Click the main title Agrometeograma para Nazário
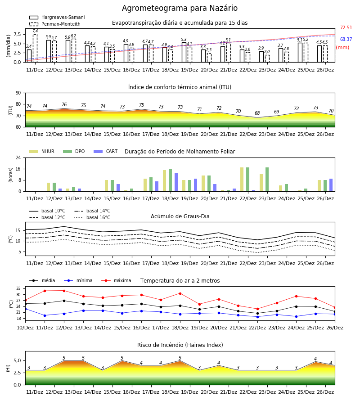click(x=180, y=8)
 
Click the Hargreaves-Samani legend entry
click(x=57, y=17)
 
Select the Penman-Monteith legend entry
click(x=55, y=24)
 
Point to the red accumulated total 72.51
click(x=346, y=27)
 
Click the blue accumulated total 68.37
click(x=346, y=39)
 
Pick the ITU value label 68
click(x=257, y=113)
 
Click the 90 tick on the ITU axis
click(x=18, y=93)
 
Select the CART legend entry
click(x=106, y=151)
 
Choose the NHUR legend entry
click(x=42, y=151)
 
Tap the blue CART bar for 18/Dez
click(x=176, y=182)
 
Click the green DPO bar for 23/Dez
click(x=267, y=180)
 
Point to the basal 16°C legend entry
click(x=92, y=217)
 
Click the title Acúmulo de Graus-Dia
click(x=180, y=216)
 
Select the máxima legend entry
click(x=116, y=280)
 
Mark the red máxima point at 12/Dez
click(x=64, y=291)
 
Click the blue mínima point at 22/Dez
click(x=257, y=317)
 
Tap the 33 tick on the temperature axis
click(x=18, y=288)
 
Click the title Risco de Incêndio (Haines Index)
click(x=180, y=345)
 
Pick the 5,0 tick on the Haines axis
click(x=17, y=361)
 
